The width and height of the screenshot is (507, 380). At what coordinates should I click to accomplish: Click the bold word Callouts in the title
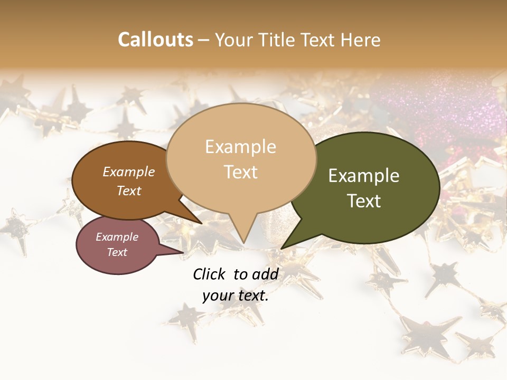155,40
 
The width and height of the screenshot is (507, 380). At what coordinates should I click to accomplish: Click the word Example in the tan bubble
240,147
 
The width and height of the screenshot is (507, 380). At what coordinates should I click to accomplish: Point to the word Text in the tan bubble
240,172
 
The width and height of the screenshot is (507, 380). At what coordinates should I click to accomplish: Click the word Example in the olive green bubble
364,176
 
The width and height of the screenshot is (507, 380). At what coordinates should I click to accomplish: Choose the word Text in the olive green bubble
364,201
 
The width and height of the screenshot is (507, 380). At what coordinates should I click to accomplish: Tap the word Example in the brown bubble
128,172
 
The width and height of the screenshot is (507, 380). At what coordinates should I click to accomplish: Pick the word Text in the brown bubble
128,191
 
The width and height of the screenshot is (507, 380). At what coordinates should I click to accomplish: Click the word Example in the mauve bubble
117,237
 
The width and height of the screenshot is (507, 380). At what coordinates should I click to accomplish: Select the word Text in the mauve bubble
117,252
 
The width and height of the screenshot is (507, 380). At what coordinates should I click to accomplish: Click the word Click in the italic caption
210,274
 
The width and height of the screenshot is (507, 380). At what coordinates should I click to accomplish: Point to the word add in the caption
265,274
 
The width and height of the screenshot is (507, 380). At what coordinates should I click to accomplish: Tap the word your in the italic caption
218,296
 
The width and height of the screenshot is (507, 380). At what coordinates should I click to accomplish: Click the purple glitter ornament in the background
438,106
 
